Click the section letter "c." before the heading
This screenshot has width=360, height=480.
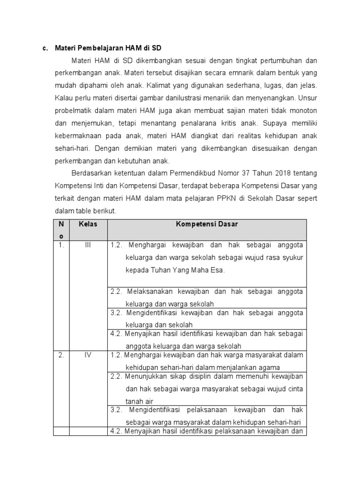(x=45, y=48)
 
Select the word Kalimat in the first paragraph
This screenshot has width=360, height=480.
(x=158, y=86)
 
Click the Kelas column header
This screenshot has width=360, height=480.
(x=88, y=224)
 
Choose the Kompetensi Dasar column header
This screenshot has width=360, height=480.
(x=207, y=224)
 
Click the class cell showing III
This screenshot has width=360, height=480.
(x=88, y=245)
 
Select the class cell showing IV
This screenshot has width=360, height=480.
(x=88, y=355)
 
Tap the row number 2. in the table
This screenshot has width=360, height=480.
(x=61, y=355)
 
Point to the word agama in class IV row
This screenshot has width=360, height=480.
(x=269, y=367)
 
